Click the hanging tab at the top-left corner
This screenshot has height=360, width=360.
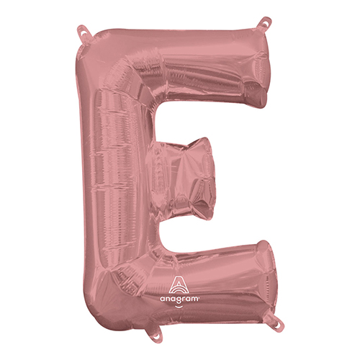pos(84,31)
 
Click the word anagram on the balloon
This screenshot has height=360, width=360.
pos(180,299)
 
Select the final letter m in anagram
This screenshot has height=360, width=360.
pos(195,299)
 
